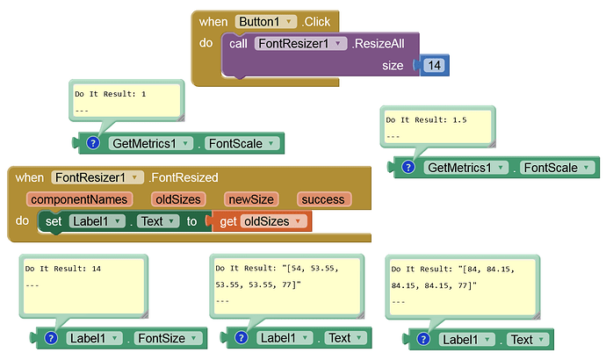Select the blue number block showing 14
(x=435, y=66)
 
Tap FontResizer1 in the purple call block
(x=299, y=43)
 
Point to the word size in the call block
(x=393, y=66)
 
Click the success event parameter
(x=323, y=199)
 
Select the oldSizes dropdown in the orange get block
(x=275, y=221)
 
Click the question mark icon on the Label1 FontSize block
(x=50, y=338)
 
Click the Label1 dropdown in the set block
(x=97, y=221)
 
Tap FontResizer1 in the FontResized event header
(x=97, y=177)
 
